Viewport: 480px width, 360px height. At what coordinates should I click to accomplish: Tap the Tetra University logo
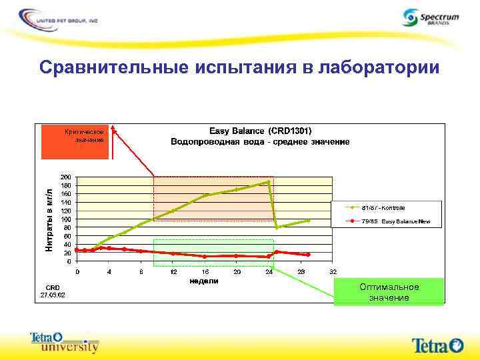(65, 342)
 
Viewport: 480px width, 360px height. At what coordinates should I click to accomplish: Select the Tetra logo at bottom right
(437, 345)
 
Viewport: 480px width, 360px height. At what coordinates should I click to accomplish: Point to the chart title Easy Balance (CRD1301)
(261, 130)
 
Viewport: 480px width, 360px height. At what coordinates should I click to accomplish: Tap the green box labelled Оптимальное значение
(389, 291)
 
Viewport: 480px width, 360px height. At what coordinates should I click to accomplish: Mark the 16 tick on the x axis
(205, 272)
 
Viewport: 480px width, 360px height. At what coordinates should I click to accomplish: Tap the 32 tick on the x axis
(333, 272)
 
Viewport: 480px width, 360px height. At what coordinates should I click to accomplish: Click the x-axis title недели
(204, 281)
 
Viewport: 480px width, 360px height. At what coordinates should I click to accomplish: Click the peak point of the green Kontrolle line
(269, 181)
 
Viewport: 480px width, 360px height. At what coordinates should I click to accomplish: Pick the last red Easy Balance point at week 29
(308, 255)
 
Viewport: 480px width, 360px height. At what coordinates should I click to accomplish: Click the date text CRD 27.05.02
(52, 290)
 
